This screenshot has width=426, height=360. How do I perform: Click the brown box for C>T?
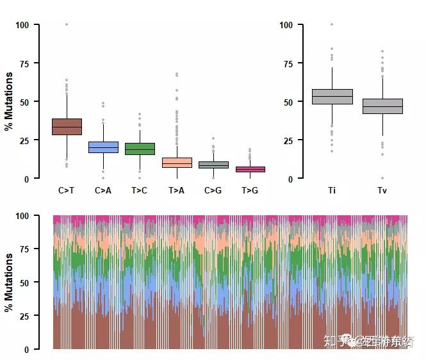pos(67,127)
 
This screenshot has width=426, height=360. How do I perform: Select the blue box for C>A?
pos(103,147)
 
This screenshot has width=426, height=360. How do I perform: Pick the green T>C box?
pos(139,149)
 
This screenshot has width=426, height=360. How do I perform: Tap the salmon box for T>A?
pos(176,163)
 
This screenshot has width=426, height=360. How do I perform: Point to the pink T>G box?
pos(250,169)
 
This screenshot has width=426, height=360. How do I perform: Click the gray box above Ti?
pos(332,97)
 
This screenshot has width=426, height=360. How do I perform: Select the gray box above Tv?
pos(382,106)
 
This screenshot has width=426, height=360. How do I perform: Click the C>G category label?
pos(213,190)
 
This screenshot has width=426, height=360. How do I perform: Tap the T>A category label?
pos(176,190)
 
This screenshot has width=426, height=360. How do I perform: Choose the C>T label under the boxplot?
pos(67,190)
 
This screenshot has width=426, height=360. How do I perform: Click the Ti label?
pos(332,190)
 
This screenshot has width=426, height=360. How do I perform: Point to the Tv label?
pos(382,190)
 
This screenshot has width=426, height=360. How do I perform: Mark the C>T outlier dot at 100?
pos(67,24)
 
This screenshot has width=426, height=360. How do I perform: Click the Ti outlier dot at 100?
pos(332,24)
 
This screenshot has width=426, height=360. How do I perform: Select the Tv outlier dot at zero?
pos(382,178)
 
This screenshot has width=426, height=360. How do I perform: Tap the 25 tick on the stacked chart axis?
pos(26,316)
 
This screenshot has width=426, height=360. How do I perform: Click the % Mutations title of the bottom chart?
pos(9,282)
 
